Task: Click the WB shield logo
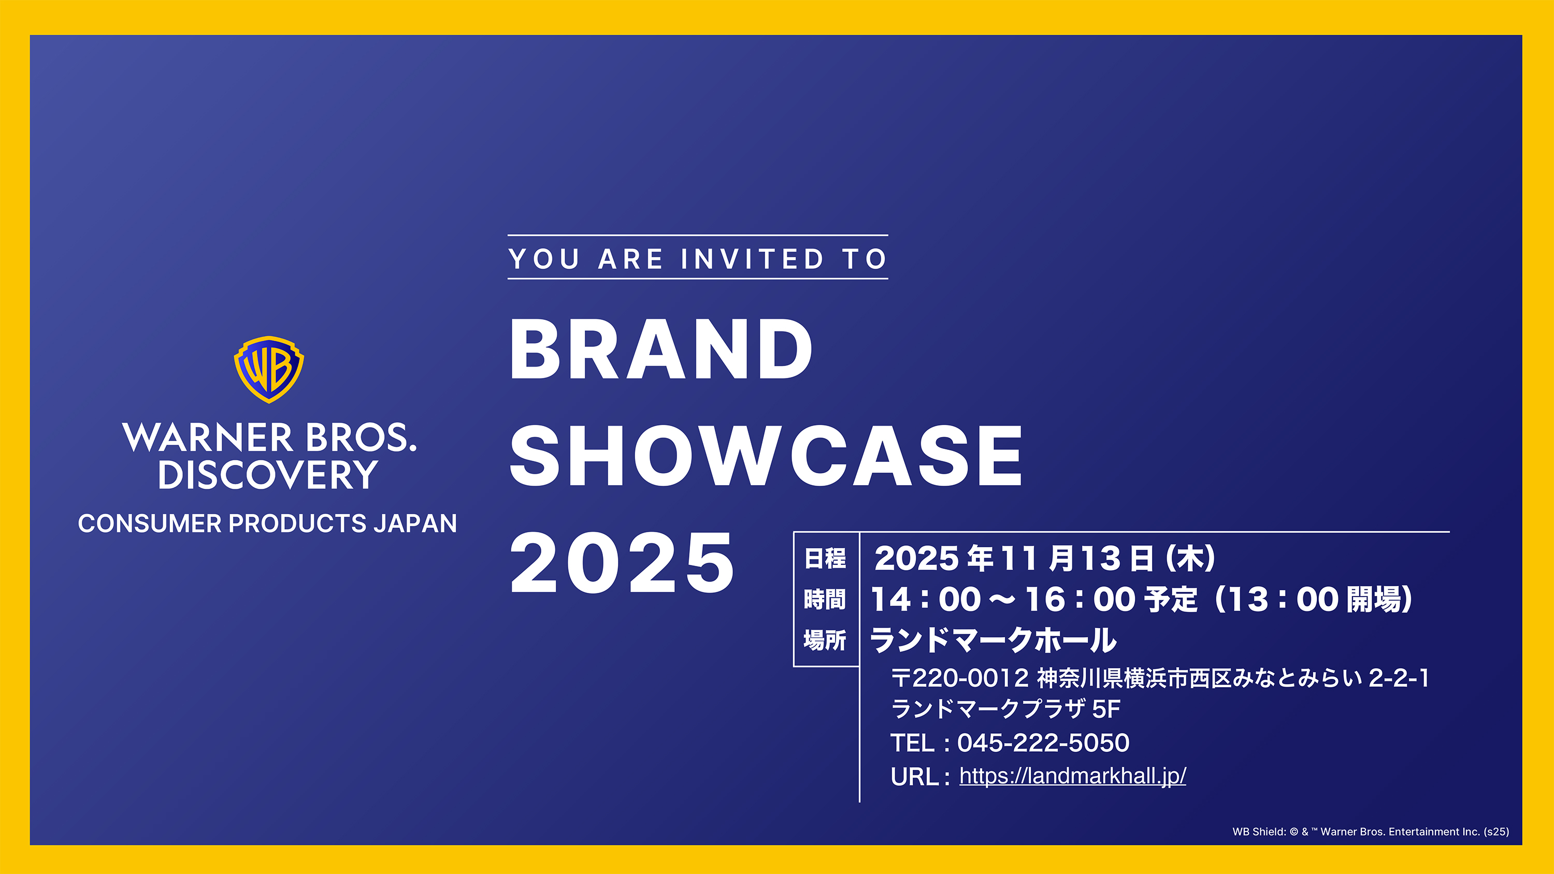[x=268, y=369]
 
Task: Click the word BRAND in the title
[x=661, y=349]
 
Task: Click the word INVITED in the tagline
[x=752, y=259]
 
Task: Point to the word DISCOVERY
[x=268, y=475]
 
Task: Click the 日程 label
[x=825, y=559]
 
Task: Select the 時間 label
[x=825, y=600]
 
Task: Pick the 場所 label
[x=825, y=640]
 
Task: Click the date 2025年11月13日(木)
[x=1045, y=558]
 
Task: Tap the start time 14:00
[x=926, y=600]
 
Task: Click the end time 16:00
[x=1081, y=600]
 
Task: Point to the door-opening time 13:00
[x=1283, y=600]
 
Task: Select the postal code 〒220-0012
[x=960, y=678]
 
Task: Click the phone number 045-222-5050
[x=1043, y=742]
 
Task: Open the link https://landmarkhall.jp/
[x=1073, y=776]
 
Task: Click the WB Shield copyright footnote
[x=1371, y=832]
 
